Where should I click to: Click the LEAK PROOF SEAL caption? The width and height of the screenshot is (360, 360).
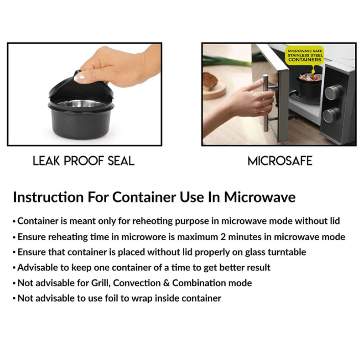84,161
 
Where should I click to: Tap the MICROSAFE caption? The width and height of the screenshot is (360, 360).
280,161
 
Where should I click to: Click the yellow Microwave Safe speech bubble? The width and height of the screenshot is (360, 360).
305,56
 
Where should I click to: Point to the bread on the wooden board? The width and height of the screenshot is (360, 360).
210,81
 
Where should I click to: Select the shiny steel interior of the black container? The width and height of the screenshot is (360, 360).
81,104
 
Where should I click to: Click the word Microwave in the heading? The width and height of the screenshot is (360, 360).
260,197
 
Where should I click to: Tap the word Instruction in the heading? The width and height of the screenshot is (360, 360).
48,197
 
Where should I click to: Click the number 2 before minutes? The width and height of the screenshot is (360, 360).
223,237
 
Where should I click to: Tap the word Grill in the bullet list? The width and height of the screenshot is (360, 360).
101,283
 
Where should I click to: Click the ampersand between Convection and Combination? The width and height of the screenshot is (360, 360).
166,283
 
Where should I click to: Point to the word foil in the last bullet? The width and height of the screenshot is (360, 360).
111,298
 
